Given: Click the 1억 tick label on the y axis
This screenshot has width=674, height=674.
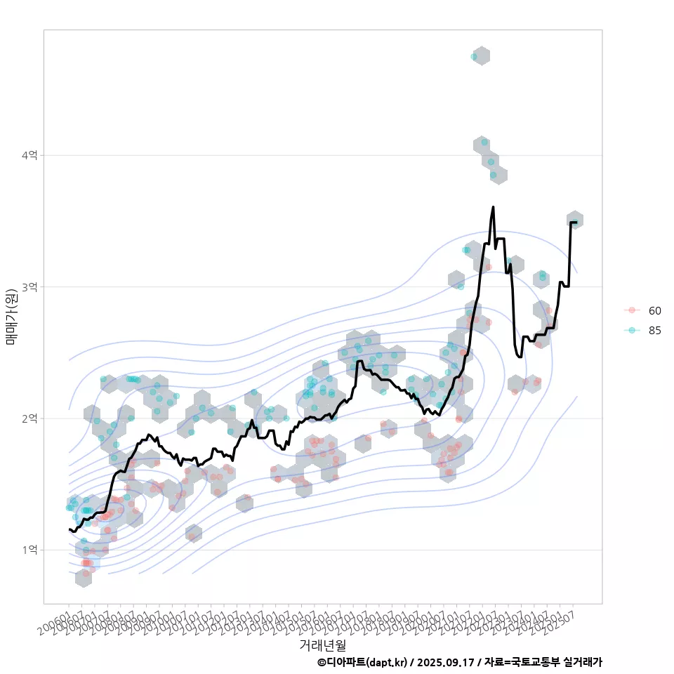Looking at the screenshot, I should coord(29,550).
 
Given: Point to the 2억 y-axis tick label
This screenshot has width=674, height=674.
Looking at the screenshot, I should coord(29,418).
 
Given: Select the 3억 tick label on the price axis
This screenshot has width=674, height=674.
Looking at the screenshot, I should coord(29,287).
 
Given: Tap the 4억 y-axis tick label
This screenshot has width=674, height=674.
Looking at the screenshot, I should coord(29,155).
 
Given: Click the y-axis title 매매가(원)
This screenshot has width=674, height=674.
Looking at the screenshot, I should coord(12,316).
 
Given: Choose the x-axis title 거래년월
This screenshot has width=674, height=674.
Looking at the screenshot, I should coord(323,645).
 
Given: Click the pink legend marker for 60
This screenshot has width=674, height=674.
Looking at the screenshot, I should coord(632,310).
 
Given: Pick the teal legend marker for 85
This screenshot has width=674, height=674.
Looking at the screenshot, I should coord(632,331).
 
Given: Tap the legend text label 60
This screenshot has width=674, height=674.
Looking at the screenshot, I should coord(655,310).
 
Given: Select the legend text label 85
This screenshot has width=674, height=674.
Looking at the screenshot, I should coord(655,331).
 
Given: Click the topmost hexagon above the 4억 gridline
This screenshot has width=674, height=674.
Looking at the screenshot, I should coord(481,56).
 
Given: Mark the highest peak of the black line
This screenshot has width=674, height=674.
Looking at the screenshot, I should coord(493,207).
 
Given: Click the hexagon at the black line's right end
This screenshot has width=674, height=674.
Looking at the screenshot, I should coord(575,220).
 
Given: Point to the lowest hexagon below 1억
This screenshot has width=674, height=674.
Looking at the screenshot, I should coord(84,578).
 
